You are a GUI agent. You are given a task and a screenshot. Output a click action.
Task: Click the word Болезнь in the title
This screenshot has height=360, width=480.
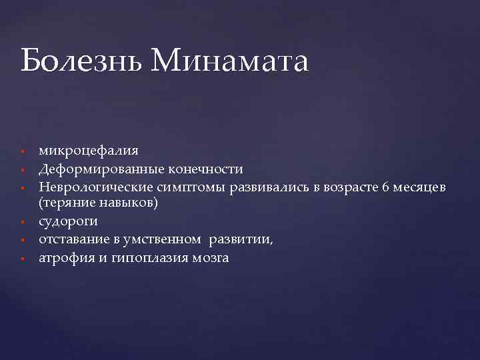click(x=81, y=61)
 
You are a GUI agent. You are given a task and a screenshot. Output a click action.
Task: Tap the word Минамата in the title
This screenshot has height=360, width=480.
click(x=230, y=61)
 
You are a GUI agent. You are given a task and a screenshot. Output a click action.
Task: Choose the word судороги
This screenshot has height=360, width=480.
click(x=68, y=221)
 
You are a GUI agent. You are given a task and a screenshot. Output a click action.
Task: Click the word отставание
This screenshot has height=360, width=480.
click(x=73, y=239)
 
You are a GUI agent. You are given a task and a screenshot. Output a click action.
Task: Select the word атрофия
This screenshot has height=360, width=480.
click(x=66, y=257)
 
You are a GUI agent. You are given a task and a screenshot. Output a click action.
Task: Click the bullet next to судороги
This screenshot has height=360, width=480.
click(x=22, y=222)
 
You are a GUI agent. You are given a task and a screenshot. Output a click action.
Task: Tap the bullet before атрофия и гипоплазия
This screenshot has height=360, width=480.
click(x=22, y=258)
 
